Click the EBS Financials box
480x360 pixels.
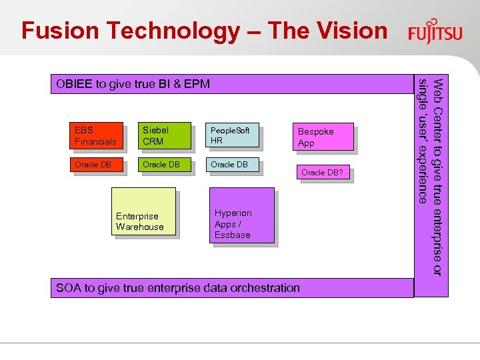96,136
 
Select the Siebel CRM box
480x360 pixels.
163,136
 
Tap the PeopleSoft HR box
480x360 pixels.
232,136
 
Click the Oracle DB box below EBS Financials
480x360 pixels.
96,165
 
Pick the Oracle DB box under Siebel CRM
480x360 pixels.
163,165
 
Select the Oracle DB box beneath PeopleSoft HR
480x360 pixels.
232,165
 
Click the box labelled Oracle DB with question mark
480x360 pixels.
323,173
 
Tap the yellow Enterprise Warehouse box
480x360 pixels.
143,212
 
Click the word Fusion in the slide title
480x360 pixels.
58,31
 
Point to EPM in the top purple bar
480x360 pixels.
197,84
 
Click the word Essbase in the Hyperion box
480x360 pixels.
232,235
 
